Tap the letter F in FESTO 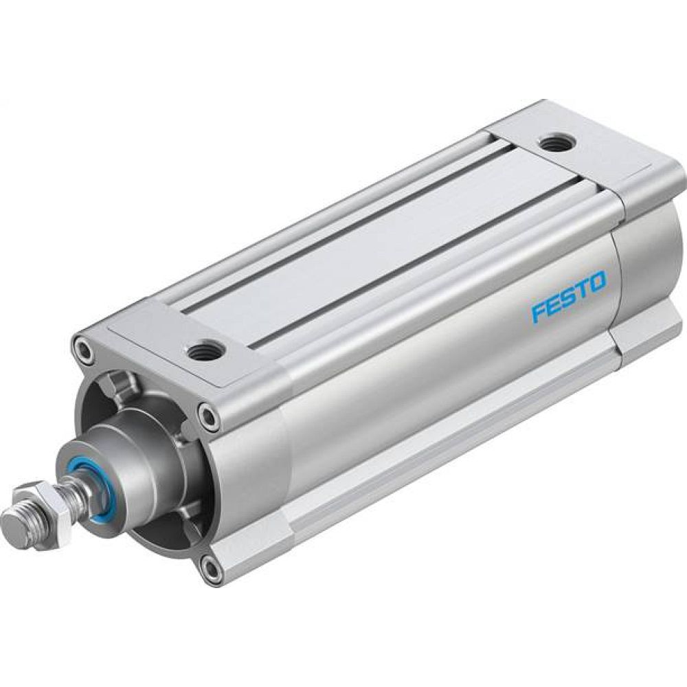[540, 311]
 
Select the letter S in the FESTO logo [568, 297]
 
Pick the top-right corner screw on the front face [208, 415]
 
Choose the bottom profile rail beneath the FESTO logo [447, 440]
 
